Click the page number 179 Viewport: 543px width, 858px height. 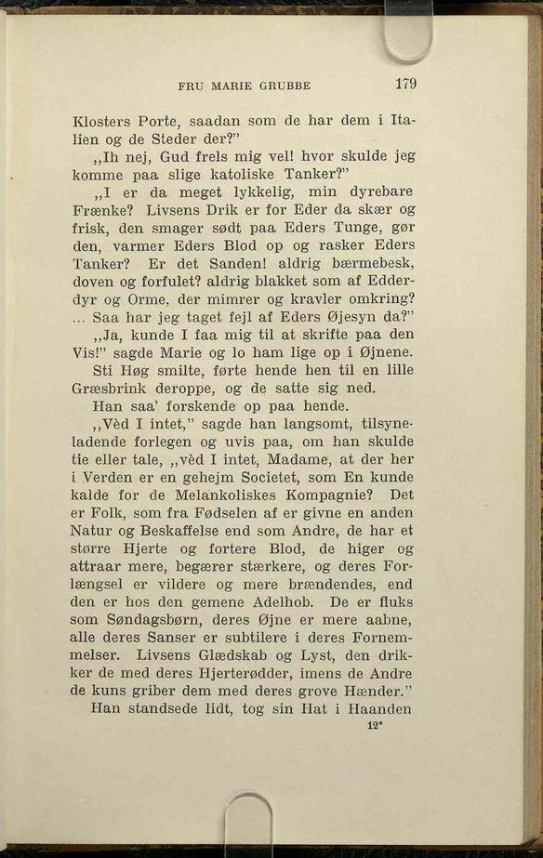(x=404, y=84)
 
